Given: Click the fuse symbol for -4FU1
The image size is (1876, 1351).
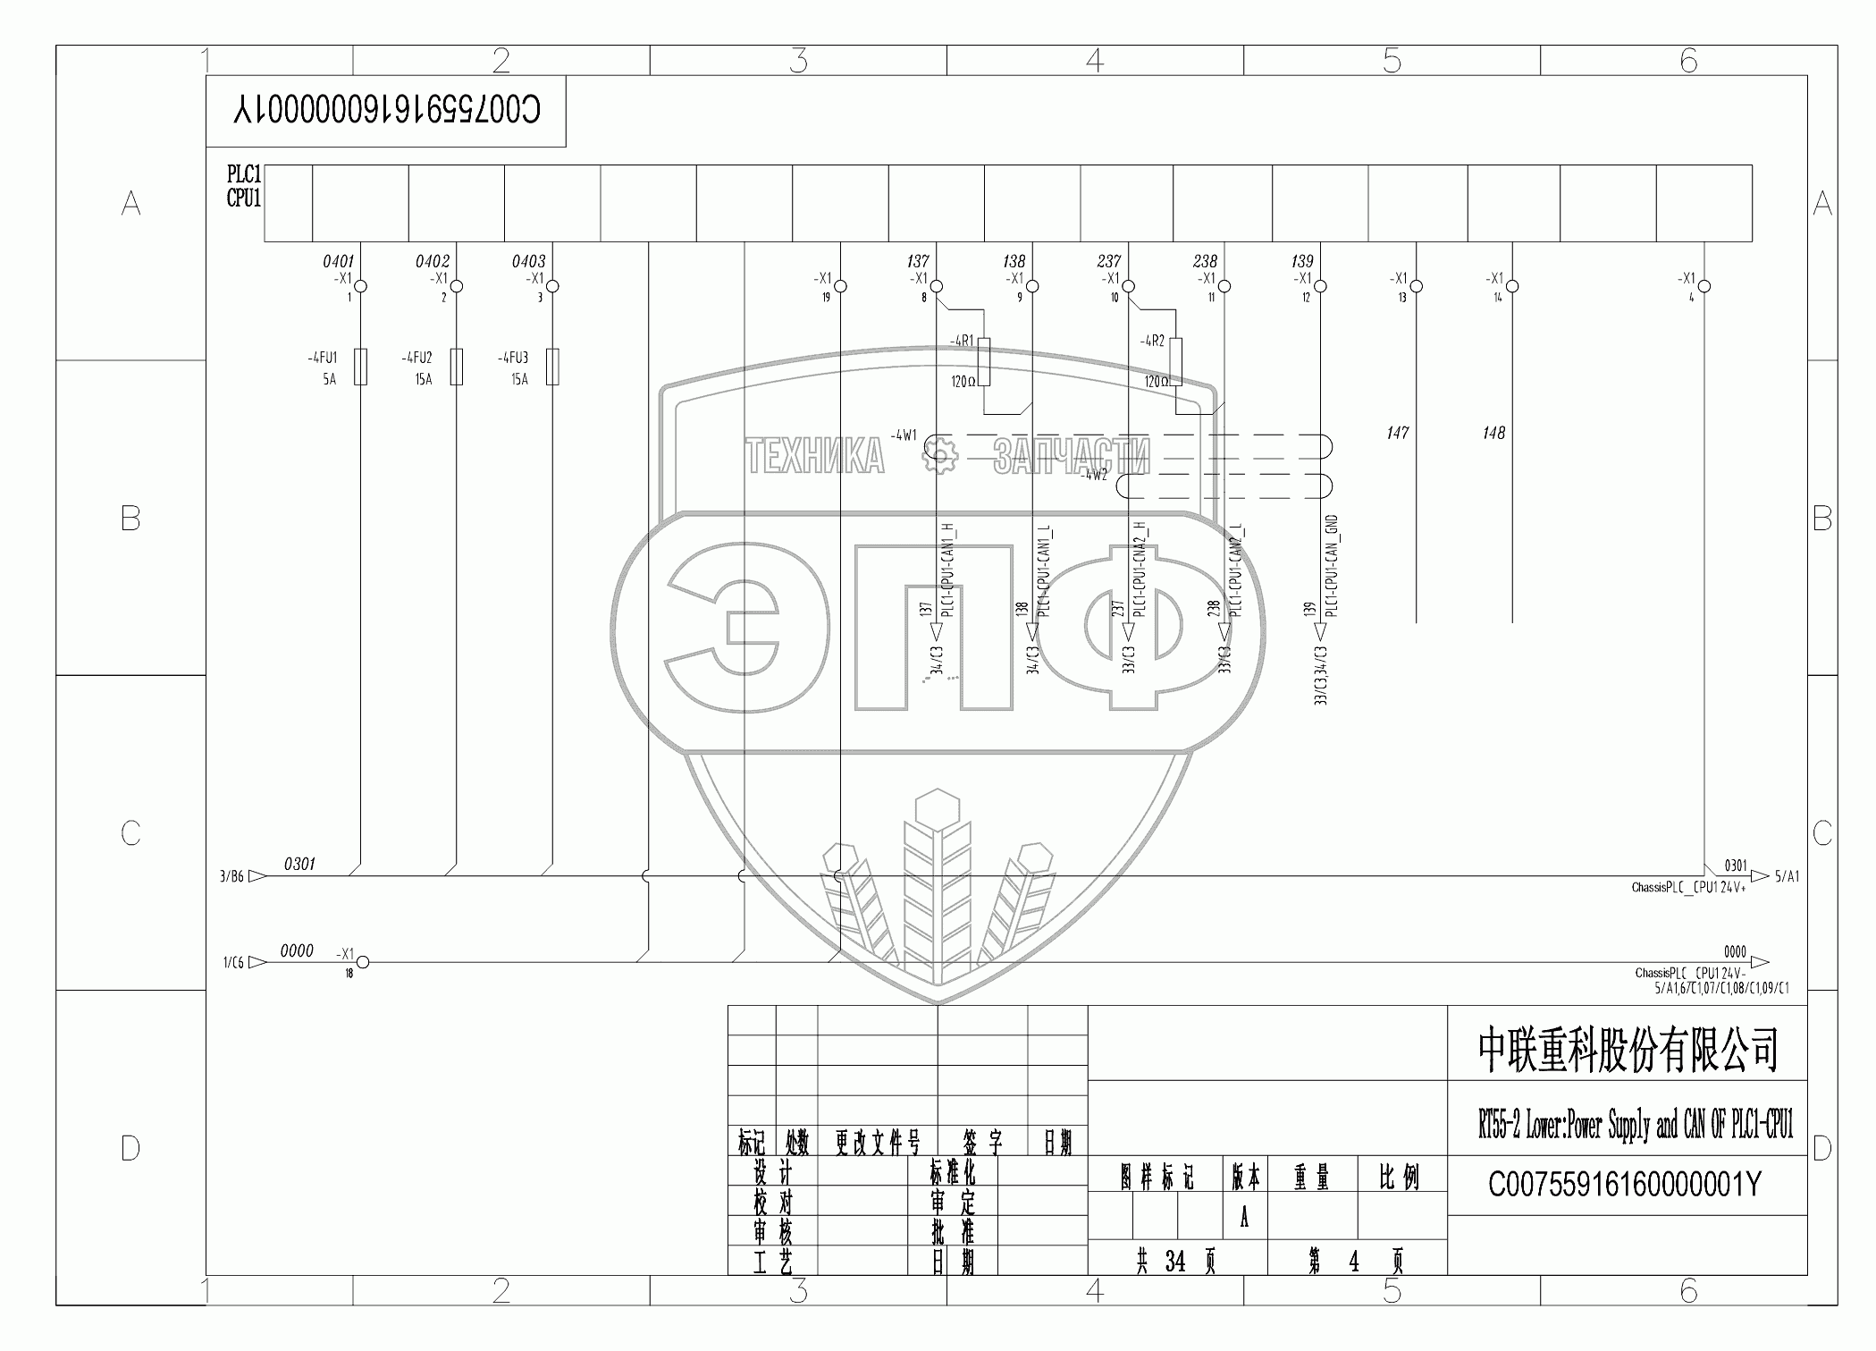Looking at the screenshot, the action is [360, 367].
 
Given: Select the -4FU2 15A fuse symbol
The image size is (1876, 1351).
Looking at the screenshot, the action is [457, 367].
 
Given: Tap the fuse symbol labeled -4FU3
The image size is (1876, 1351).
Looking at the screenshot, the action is [552, 367].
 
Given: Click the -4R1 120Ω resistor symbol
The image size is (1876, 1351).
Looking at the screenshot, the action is [984, 362].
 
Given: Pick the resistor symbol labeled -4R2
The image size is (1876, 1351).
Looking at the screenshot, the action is [1175, 362].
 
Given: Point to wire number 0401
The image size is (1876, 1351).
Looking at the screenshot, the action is [338, 261].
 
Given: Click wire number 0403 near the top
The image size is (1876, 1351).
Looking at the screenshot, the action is [528, 261].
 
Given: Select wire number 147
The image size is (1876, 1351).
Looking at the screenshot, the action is [1397, 433].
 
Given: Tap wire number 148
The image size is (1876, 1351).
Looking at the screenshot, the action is [1493, 433].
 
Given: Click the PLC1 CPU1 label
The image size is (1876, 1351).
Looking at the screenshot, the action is [243, 186].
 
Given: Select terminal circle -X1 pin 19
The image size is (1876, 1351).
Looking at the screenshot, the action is [840, 286].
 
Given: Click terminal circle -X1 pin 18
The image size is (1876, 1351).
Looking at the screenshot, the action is [363, 962].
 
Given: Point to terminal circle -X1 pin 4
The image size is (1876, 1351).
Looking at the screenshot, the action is [1704, 286].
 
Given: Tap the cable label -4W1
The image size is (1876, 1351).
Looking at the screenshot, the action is [904, 435].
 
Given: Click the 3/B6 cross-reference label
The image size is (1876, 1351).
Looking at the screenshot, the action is [231, 877].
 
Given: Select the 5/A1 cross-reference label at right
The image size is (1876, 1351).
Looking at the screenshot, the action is [1788, 876].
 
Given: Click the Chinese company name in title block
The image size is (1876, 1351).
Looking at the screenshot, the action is [1628, 1050].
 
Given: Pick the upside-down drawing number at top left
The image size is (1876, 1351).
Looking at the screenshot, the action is [386, 111].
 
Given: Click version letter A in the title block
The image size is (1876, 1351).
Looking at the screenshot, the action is [1243, 1218].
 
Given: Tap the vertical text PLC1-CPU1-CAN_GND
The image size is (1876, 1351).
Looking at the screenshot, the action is [1331, 566].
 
